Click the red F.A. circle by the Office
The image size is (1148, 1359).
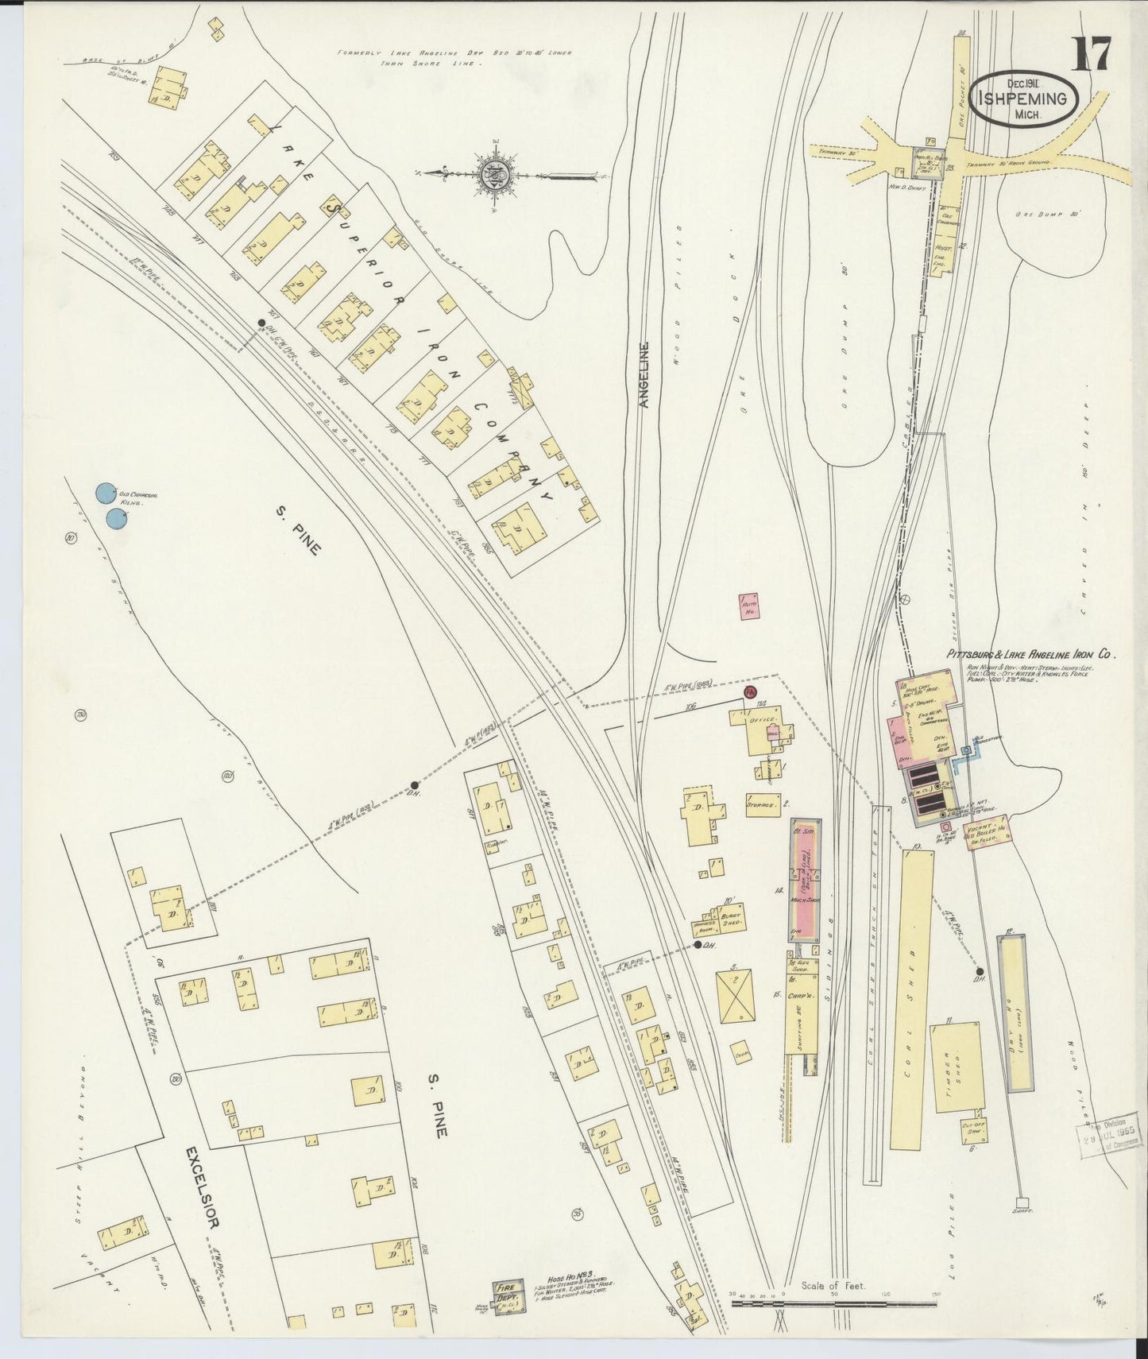[748, 693]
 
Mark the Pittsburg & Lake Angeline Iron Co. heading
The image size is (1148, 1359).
[1030, 656]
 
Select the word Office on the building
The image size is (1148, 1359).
[761, 721]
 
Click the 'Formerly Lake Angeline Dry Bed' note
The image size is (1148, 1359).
[454, 57]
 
